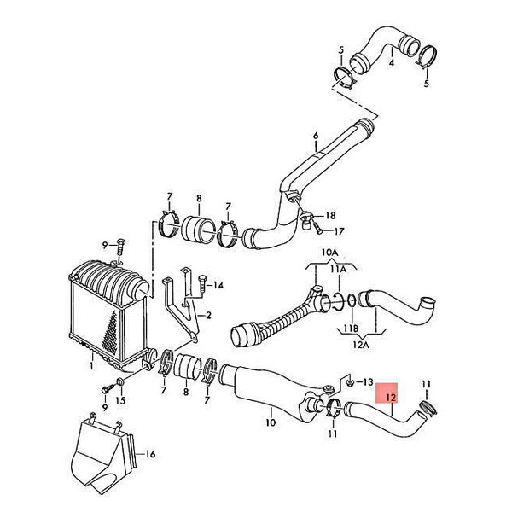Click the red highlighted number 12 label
coord(391,398)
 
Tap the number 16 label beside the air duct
coord(150,454)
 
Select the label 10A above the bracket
coord(329,253)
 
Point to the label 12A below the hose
coord(361,345)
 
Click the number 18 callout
coord(330,216)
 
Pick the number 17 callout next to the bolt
coord(339,231)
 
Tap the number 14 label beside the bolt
coord(218,285)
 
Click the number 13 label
coord(368,382)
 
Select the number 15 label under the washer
coord(120,401)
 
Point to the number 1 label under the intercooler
coord(92,365)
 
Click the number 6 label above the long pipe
coord(316,136)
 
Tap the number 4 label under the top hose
coord(392,62)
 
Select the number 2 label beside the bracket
coord(208,316)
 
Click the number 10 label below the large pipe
coord(271,422)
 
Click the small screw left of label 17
coord(318,228)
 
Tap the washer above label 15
coord(119,381)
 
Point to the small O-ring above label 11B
coord(352,300)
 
